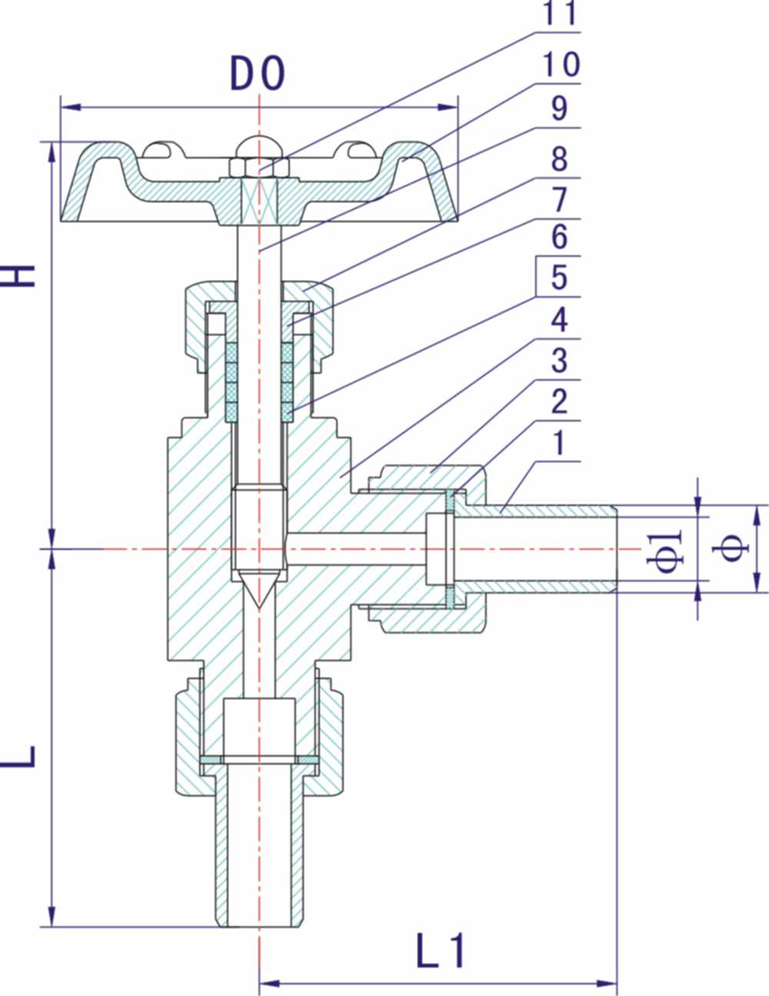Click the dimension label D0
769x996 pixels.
pyautogui.click(x=258, y=74)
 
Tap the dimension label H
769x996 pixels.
pyautogui.click(x=22, y=276)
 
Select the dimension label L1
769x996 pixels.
pyautogui.click(x=441, y=951)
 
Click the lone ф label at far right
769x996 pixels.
pyautogui.click(x=736, y=548)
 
